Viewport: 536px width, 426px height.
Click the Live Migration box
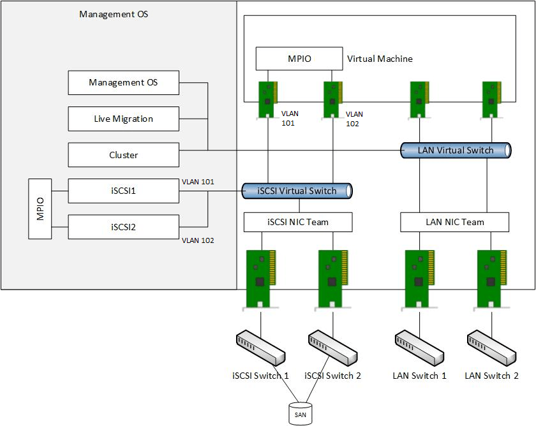[123, 119]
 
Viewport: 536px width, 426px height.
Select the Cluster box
[123, 155]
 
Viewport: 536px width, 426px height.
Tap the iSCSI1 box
[123, 191]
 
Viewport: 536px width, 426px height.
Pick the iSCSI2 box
[123, 226]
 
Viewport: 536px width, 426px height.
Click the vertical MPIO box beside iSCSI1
[40, 209]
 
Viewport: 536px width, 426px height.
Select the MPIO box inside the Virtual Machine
[299, 59]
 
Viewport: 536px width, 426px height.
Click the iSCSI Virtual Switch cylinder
[297, 191]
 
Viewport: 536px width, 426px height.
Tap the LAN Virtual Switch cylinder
[456, 151]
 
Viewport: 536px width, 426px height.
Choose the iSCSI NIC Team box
[298, 222]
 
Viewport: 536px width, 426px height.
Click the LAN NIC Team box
[454, 222]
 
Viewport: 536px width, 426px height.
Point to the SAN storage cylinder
[301, 413]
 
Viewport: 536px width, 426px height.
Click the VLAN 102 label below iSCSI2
[197, 240]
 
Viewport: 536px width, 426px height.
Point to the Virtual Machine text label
[380, 59]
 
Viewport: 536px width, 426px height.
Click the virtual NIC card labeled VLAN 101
[267, 99]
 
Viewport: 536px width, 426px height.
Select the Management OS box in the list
[123, 82]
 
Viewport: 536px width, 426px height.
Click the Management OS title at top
[114, 13]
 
